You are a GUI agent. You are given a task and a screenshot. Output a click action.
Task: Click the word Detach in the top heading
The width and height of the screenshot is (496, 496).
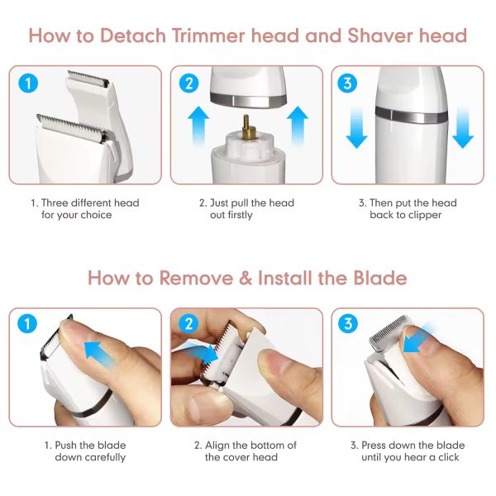coord(133,36)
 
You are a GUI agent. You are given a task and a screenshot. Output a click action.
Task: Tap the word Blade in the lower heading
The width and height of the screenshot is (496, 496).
coord(379,278)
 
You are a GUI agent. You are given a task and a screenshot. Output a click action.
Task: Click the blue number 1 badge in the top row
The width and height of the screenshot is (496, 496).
coord(28,83)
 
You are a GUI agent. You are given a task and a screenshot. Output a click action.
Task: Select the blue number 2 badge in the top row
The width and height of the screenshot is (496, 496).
coord(188,83)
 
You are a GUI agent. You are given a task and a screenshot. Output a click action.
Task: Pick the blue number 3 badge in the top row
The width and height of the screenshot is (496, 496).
coord(347,83)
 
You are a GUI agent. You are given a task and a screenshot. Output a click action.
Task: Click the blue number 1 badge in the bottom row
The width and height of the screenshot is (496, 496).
coord(27,323)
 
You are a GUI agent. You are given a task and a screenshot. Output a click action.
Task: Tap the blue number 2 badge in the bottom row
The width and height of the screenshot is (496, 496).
coord(188,323)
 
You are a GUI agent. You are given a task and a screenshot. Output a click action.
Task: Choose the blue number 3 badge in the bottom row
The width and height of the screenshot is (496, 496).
coord(348,323)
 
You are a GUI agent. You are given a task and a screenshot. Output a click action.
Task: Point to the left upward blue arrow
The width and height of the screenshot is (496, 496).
coord(198,126)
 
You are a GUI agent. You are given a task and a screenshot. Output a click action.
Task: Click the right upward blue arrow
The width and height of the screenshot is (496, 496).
coord(298,126)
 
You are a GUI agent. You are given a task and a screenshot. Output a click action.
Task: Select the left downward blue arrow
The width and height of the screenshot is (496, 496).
coord(356,127)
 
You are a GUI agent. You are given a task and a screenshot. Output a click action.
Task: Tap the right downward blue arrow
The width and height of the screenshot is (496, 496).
coord(463,127)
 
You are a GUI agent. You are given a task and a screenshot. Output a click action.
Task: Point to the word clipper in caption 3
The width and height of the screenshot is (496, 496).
coord(425,216)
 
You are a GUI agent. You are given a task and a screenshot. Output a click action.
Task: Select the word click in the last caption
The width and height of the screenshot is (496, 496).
coord(448,457)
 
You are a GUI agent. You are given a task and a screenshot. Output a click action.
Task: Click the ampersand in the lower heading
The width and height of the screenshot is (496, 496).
coord(246,279)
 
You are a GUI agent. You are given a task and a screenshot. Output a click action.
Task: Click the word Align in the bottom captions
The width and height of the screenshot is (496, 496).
coord(217,446)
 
